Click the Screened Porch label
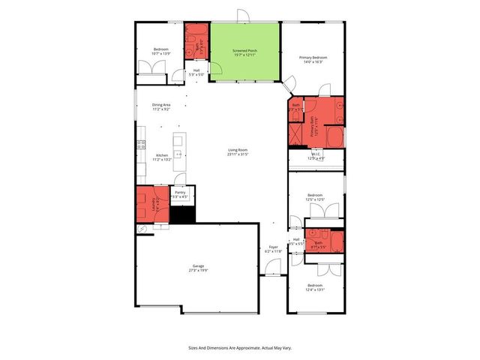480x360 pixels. pos(244,53)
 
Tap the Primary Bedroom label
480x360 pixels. pos(313,59)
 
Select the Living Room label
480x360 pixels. pos(238,152)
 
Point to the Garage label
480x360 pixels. pos(198,268)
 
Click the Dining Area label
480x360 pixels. pos(161,107)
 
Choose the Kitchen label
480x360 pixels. pos(162,157)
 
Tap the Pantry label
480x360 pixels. pos(180,193)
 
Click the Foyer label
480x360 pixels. pos(273,249)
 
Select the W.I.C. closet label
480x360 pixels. pos(316,157)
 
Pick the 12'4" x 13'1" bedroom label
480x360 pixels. pos(314,287)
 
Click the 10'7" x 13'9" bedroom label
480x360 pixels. pos(160,52)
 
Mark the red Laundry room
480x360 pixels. pos(153,205)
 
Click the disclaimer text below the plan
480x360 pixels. pos(239,347)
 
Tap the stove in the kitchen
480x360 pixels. pos(140,145)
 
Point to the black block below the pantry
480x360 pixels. pos(182,214)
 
